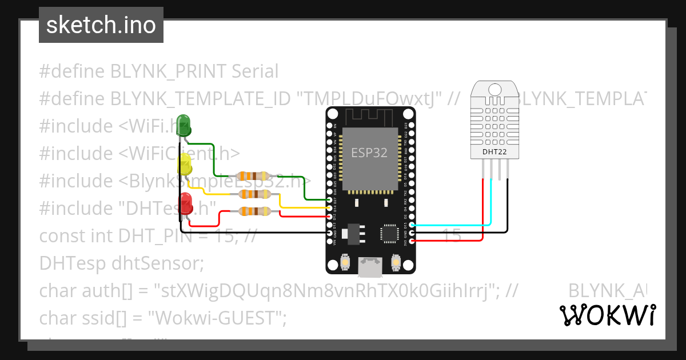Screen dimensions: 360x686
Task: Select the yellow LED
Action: coord(185,165)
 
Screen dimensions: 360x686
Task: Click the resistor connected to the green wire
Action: coord(253,176)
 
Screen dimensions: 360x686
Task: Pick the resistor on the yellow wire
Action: coord(253,194)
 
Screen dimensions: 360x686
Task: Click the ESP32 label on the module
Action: coord(369,153)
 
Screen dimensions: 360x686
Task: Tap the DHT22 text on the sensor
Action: coord(494,152)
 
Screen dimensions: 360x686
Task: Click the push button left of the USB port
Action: coord(345,262)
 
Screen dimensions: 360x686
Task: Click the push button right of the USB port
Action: coord(395,262)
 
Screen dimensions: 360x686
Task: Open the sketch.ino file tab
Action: coord(101,25)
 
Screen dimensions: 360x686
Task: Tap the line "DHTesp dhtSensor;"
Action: coord(121,263)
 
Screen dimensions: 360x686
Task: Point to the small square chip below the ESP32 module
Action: coord(389,233)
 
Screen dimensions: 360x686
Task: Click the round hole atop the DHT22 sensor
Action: coord(494,89)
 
